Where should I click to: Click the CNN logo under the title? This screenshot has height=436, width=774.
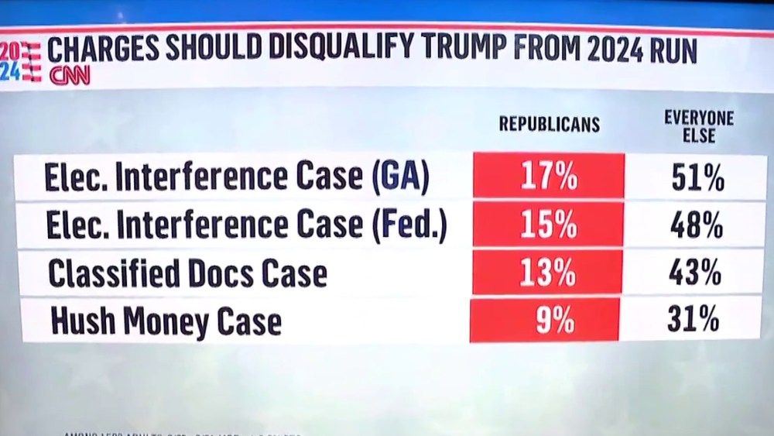(70, 76)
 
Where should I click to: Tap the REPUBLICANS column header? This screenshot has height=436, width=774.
(549, 124)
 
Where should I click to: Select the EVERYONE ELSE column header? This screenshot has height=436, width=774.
(699, 127)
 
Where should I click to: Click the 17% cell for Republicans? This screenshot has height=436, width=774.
(549, 178)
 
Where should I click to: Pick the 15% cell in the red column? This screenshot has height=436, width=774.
(549, 225)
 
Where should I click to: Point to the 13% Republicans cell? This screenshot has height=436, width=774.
(548, 272)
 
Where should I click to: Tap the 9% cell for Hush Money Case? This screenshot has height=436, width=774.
(546, 319)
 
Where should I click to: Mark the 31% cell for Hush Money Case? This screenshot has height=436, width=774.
(694, 320)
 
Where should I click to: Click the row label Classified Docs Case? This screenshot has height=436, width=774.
(187, 273)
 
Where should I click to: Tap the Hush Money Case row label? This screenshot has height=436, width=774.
(166, 321)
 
